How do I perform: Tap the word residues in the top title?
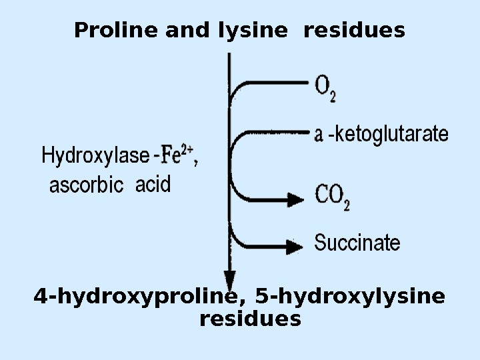coord(354,31)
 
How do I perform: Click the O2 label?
coord(325,87)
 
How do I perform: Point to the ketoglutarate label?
coord(391,135)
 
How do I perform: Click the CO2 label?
coord(332,197)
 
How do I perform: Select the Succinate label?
coord(357,243)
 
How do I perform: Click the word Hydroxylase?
coord(95,157)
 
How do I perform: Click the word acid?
coord(153,184)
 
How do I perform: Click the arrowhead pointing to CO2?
coord(295,198)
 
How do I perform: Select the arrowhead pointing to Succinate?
coord(294,245)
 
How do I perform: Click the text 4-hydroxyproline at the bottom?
coord(136,296)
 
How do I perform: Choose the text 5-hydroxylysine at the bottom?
coord(350,296)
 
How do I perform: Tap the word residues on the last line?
coord(250,319)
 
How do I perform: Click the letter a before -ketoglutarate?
coord(319,135)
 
